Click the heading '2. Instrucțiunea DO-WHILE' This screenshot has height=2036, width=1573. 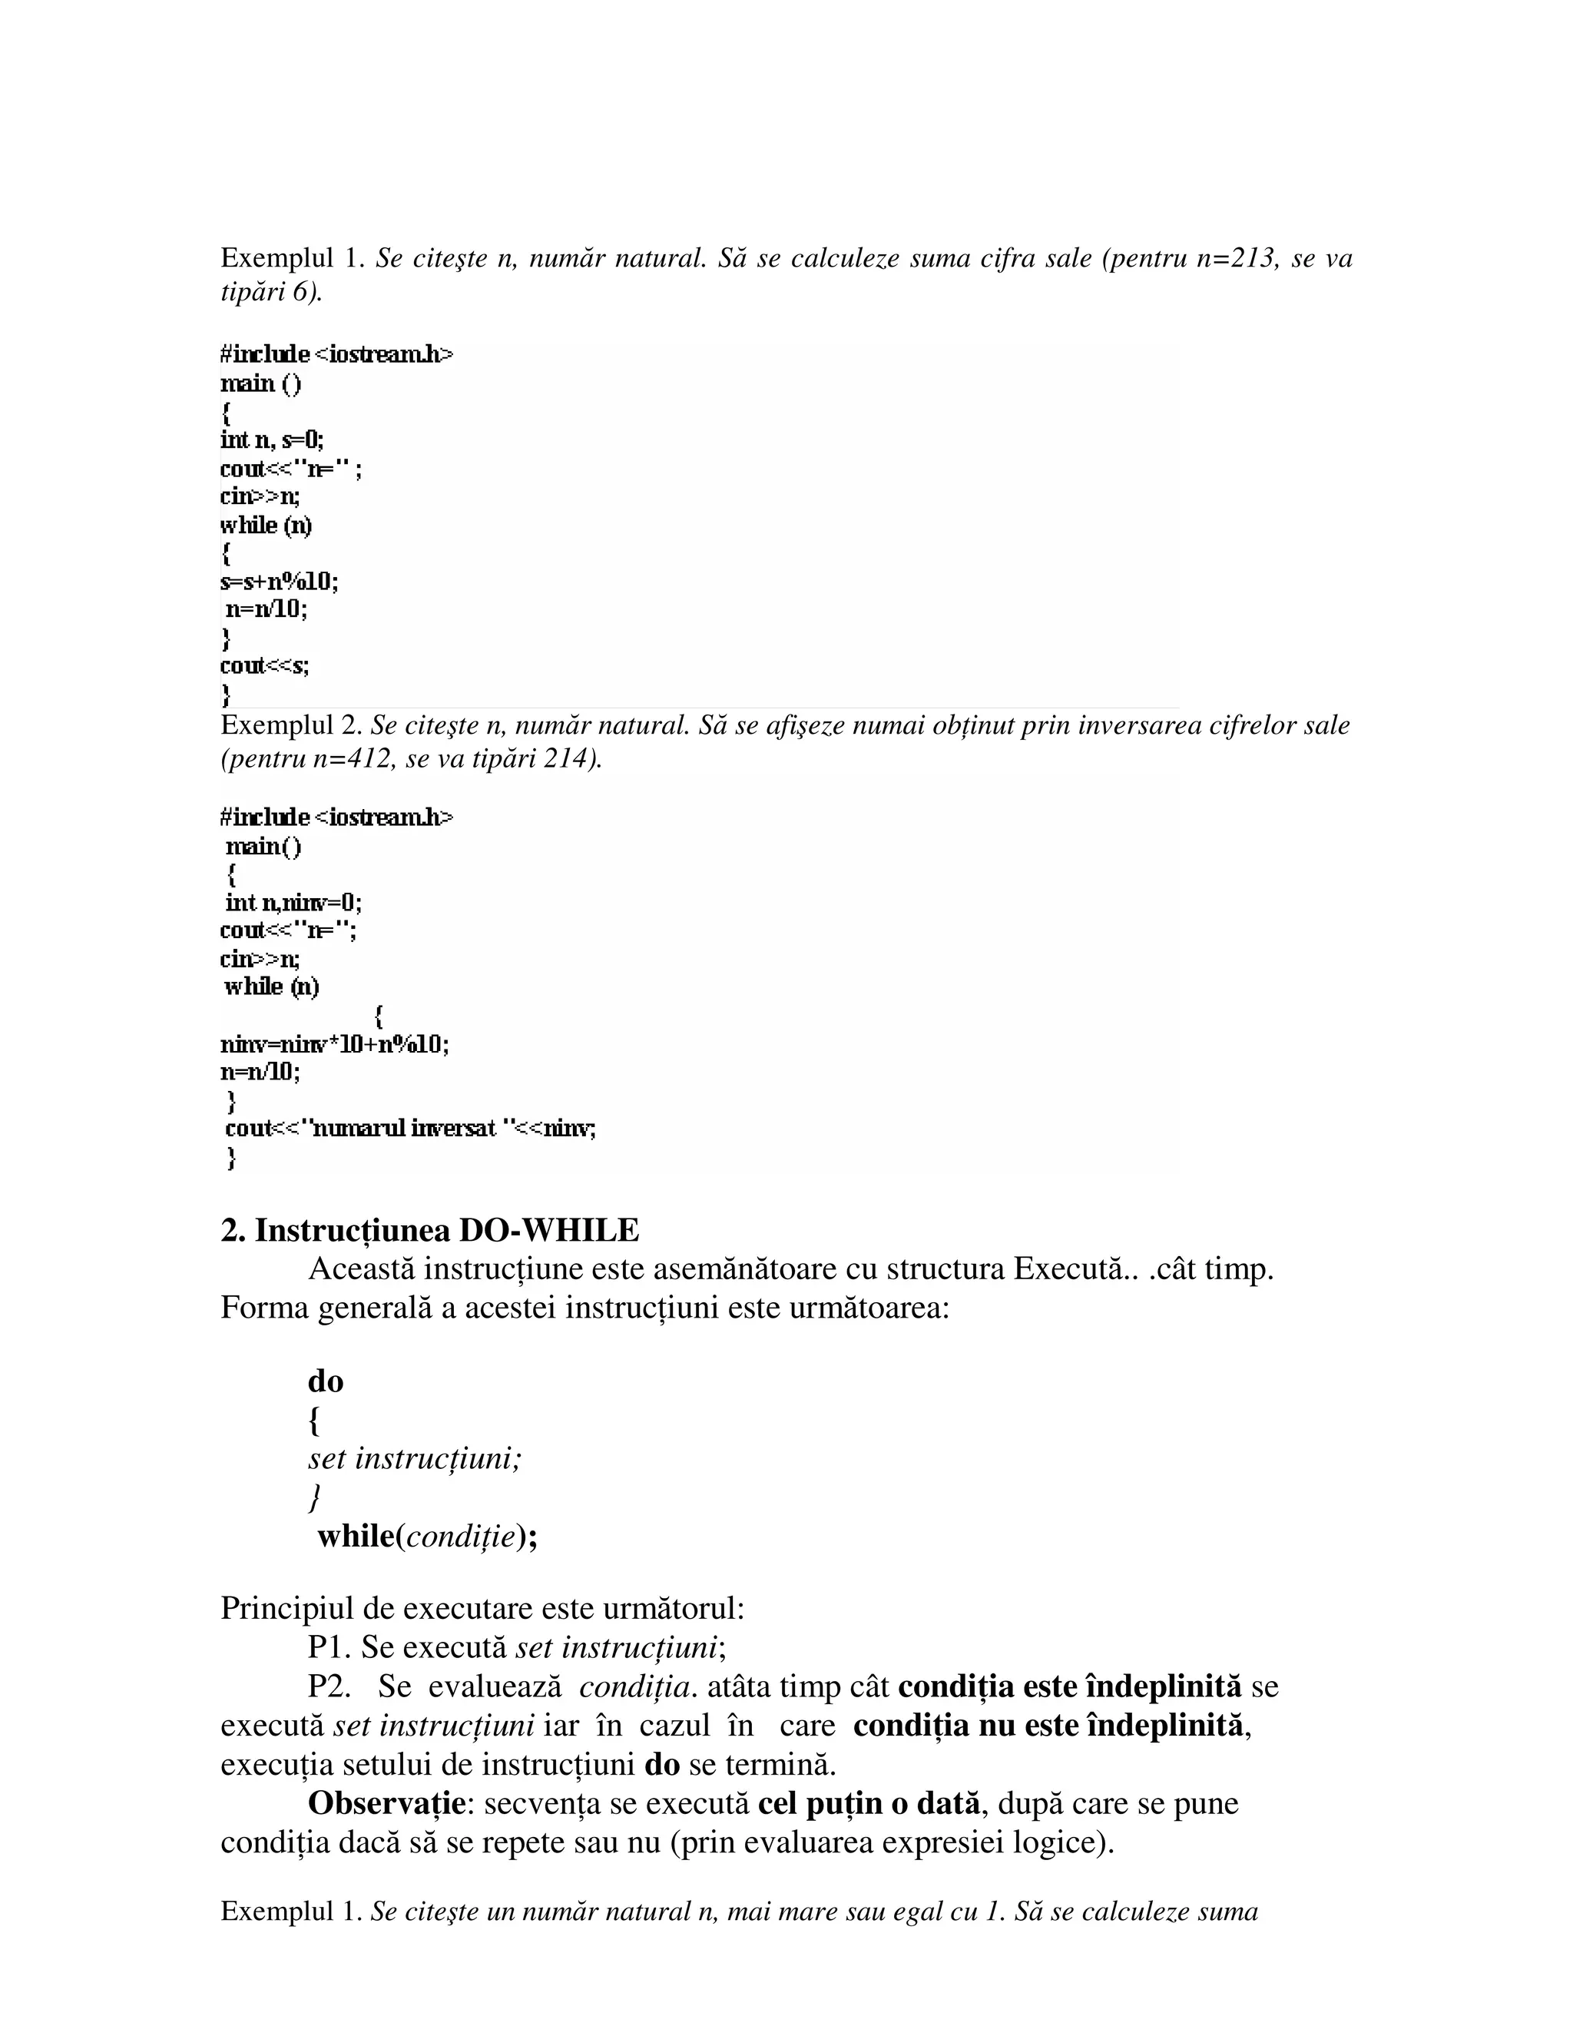pyautogui.click(x=429, y=1231)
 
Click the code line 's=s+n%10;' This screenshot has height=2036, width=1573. pyautogui.click(x=280, y=582)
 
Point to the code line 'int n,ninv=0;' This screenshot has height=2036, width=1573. pyautogui.click(x=293, y=903)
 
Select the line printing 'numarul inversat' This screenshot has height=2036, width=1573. pyautogui.click(x=410, y=1129)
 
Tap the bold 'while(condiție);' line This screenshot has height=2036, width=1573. pyautogui.click(x=427, y=1537)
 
